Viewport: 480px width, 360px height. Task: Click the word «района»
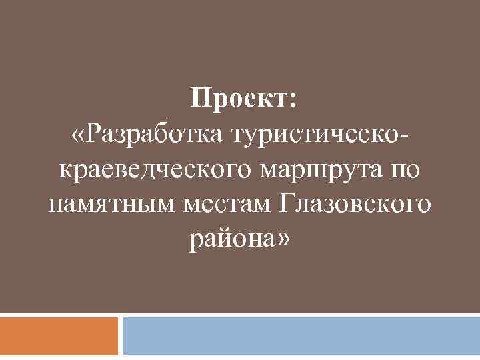(231, 239)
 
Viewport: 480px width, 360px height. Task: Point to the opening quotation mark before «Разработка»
(79, 135)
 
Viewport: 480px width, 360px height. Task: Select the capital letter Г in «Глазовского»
(289, 202)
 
